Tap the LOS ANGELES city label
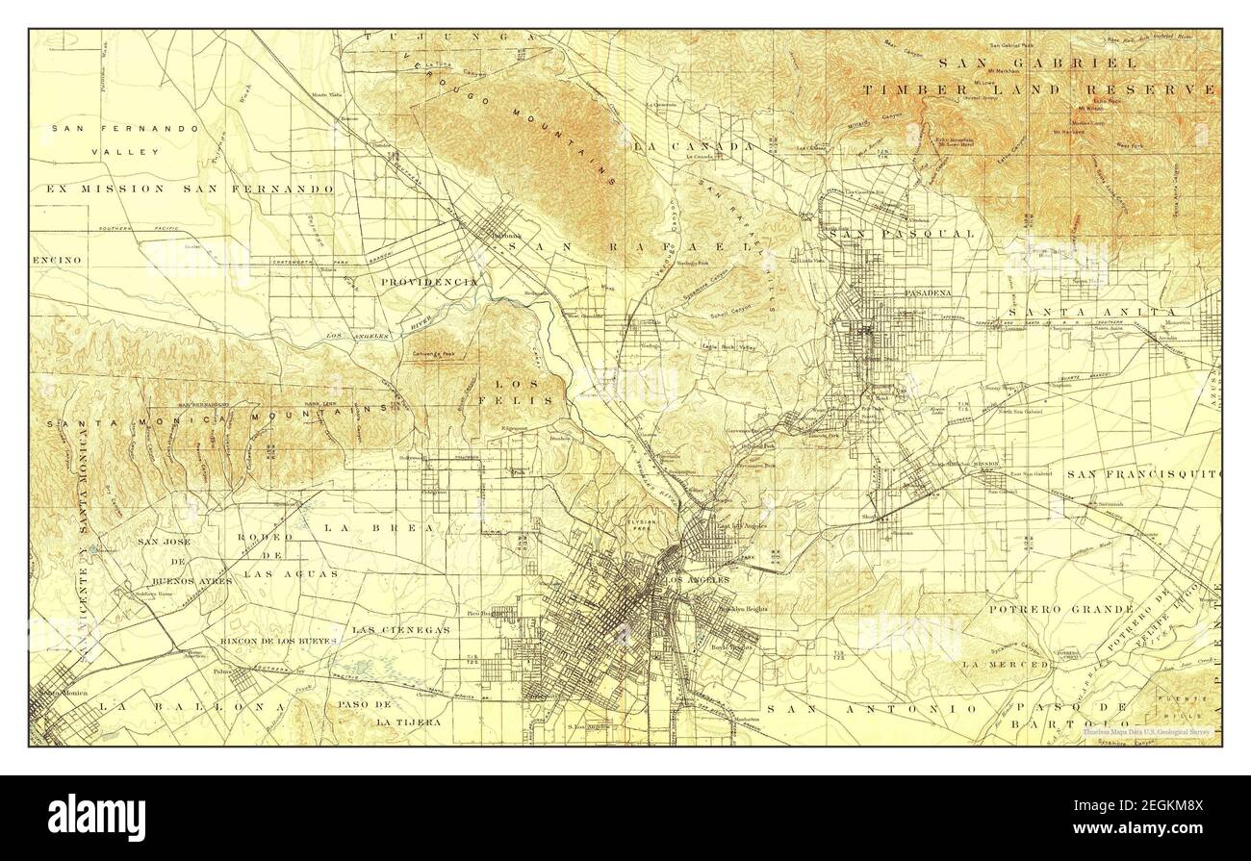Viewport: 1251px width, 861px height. pyautogui.click(x=698, y=580)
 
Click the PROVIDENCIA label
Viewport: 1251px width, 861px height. pyautogui.click(x=429, y=282)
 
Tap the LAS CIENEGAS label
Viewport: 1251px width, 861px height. pyautogui.click(x=401, y=630)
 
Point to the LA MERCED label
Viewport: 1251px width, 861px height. pyautogui.click(x=1005, y=664)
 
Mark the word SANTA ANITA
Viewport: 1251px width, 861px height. pyautogui.click(x=1093, y=313)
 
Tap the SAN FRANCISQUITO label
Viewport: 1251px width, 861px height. pyautogui.click(x=1148, y=474)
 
